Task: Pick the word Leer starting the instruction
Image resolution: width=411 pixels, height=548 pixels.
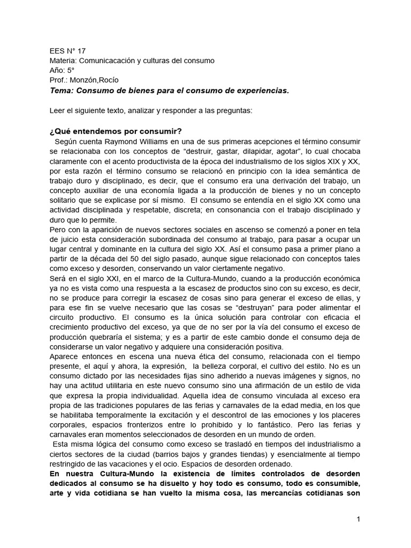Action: click(57, 111)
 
